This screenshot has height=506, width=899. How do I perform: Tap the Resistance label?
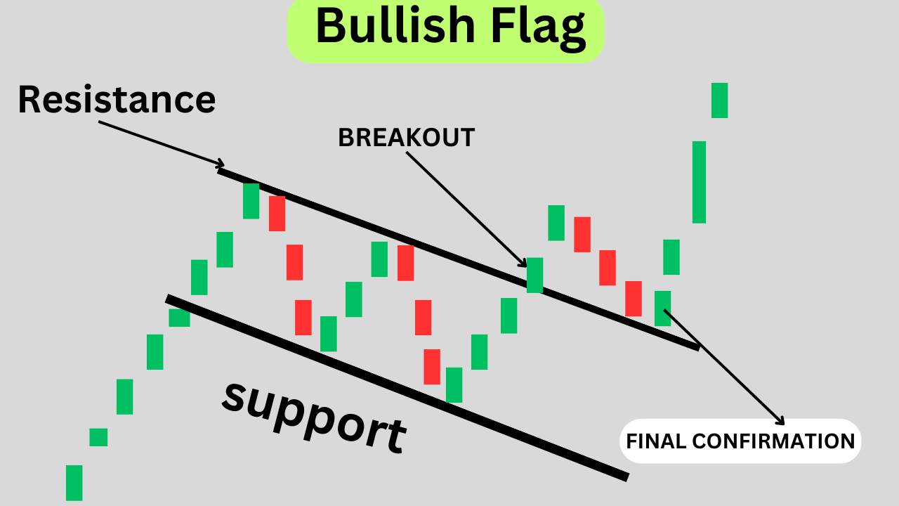click(x=117, y=99)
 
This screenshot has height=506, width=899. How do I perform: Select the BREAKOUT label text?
click(x=407, y=138)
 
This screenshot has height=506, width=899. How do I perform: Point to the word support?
click(x=314, y=416)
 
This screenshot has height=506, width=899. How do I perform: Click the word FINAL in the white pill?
click(x=656, y=441)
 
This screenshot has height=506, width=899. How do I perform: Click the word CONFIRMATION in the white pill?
click(x=773, y=441)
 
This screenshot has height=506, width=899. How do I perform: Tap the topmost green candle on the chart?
click(x=719, y=100)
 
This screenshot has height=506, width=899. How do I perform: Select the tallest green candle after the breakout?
click(x=699, y=182)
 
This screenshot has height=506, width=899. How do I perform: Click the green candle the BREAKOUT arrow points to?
click(x=534, y=275)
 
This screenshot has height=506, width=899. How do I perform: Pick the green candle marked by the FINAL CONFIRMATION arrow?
click(x=662, y=308)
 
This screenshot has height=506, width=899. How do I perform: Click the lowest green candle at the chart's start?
click(x=74, y=483)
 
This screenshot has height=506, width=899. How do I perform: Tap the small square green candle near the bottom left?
click(x=98, y=437)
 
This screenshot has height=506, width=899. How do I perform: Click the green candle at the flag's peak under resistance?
click(x=251, y=201)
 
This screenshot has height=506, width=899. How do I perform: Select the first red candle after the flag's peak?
click(x=277, y=214)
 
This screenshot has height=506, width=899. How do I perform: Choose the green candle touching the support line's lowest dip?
click(x=454, y=385)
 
